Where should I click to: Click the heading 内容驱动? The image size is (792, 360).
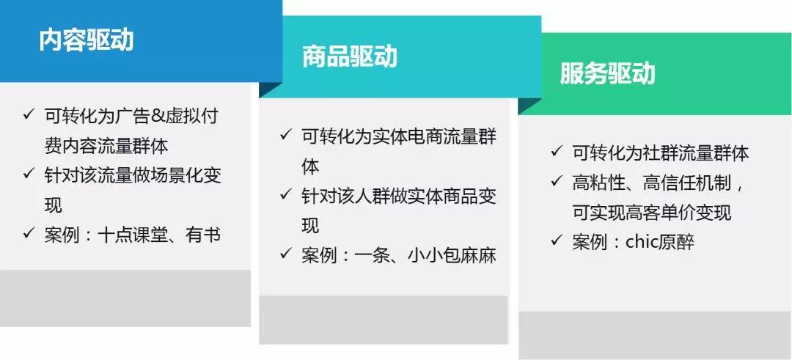[87, 40]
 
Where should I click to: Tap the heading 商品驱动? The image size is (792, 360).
[350, 56]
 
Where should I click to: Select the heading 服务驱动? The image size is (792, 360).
[608, 73]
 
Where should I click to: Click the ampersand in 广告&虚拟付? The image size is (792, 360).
[158, 116]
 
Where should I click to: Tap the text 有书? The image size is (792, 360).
[203, 235]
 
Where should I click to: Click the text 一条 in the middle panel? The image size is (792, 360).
[373, 255]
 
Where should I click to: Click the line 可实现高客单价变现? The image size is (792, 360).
[652, 213]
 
